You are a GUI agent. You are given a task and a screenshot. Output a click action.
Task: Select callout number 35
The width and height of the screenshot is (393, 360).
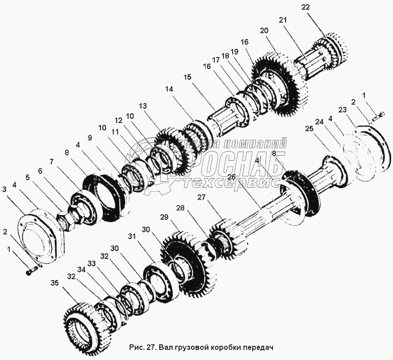(x=55, y=283)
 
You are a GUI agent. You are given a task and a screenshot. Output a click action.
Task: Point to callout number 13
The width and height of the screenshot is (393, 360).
(x=143, y=106)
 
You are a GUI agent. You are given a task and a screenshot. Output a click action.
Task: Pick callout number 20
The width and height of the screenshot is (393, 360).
(x=264, y=31)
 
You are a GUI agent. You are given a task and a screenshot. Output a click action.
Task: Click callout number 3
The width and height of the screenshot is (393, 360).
(x=5, y=189)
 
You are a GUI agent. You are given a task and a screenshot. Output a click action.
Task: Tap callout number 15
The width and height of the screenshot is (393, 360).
(x=187, y=78)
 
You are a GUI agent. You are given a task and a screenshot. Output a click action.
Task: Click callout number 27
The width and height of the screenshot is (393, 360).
(x=202, y=197)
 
